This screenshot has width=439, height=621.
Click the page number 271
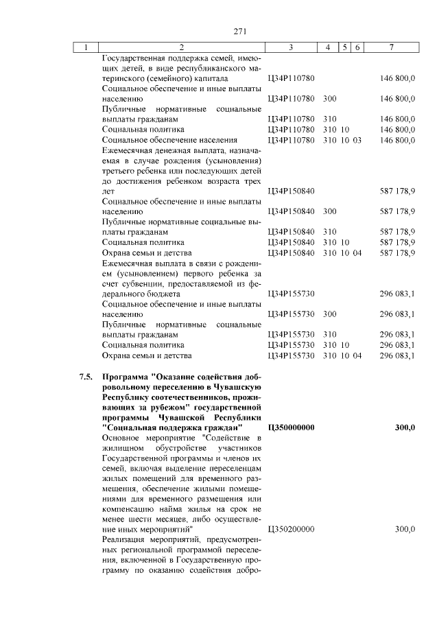click(239, 31)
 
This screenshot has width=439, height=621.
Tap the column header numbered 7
click(390, 47)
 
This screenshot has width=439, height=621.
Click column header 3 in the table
click(292, 47)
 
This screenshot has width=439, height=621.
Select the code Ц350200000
click(291, 529)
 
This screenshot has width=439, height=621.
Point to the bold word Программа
click(126, 377)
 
